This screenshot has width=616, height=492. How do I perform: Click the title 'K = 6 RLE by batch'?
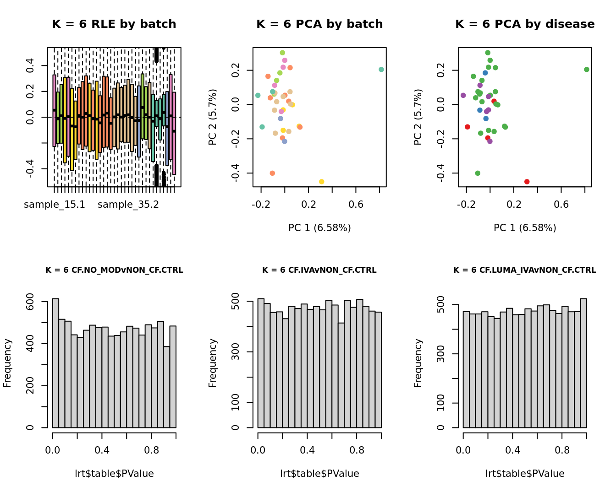(x=114, y=24)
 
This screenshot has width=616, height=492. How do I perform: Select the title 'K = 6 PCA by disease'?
(x=525, y=24)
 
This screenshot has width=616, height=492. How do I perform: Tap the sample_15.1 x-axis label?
(x=55, y=205)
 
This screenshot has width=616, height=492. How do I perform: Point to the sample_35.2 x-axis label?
(x=128, y=205)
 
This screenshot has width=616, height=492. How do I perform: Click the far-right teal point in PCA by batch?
(x=381, y=70)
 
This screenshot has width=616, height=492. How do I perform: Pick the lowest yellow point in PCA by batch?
(x=322, y=182)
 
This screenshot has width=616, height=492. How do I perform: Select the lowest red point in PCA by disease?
(x=527, y=182)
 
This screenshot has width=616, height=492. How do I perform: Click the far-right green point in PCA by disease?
(x=587, y=70)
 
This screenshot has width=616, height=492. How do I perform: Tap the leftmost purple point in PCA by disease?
(x=463, y=95)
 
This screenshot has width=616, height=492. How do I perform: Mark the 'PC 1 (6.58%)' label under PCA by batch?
(x=319, y=228)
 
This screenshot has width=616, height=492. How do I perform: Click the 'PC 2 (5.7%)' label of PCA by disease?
(x=418, y=117)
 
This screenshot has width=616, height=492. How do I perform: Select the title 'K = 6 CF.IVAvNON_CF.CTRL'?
(x=319, y=270)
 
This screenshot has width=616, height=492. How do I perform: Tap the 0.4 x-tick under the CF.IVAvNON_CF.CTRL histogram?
(x=307, y=450)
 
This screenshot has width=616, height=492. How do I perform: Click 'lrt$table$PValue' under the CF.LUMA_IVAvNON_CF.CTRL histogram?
(x=525, y=474)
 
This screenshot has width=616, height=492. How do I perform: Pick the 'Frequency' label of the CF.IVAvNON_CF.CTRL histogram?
(x=212, y=363)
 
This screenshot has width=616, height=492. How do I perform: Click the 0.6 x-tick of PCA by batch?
(x=356, y=204)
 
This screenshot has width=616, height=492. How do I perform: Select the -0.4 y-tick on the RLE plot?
(x=30, y=168)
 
